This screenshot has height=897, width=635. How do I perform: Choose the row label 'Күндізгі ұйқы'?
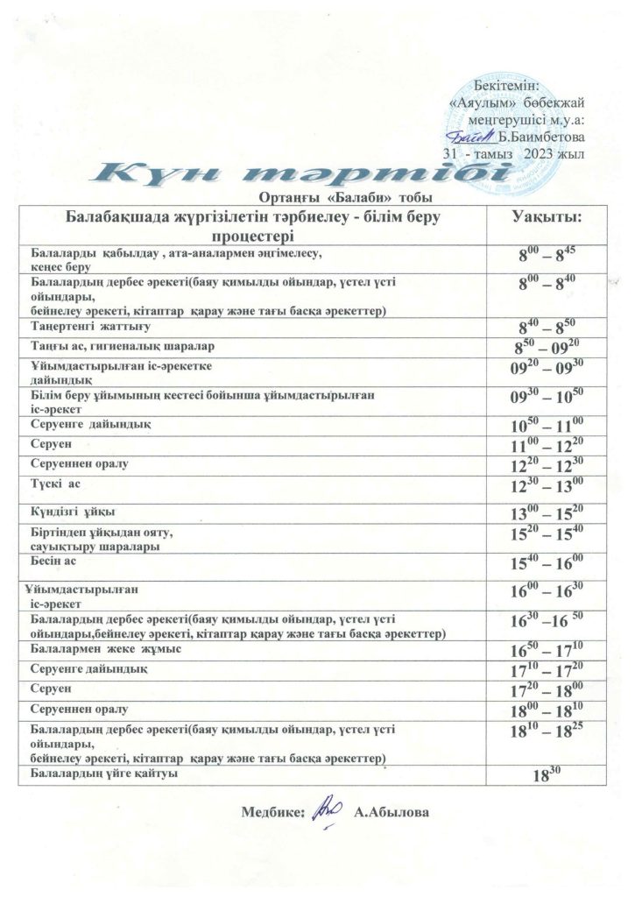(x=74, y=511)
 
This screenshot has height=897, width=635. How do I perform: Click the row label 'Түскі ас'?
(x=60, y=484)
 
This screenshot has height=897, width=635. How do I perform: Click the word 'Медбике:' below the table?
(x=272, y=812)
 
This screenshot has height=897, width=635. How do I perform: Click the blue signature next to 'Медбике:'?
(x=326, y=809)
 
